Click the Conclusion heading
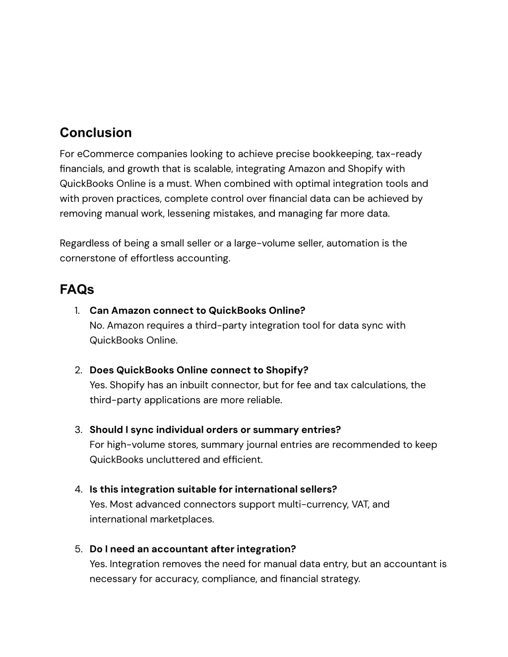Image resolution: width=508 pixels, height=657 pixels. pyautogui.click(x=96, y=133)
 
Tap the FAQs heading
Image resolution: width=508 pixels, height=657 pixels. pyautogui.click(x=77, y=289)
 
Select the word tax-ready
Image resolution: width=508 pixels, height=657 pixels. pyautogui.click(x=399, y=154)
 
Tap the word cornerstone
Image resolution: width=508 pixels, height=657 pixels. pyautogui.click(x=87, y=258)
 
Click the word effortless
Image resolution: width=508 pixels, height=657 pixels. pyautogui.click(x=152, y=258)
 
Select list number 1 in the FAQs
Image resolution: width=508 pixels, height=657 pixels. pyautogui.click(x=77, y=311)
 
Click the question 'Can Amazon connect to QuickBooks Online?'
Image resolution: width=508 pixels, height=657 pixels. pyautogui.click(x=197, y=311)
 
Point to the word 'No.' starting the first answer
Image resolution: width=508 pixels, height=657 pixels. pyautogui.click(x=97, y=326)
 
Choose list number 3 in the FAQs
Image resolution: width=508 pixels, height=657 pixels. pyautogui.click(x=78, y=430)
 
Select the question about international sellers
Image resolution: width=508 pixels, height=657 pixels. pyautogui.click(x=213, y=489)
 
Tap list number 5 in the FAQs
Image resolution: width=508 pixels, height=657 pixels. pyautogui.click(x=78, y=549)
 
